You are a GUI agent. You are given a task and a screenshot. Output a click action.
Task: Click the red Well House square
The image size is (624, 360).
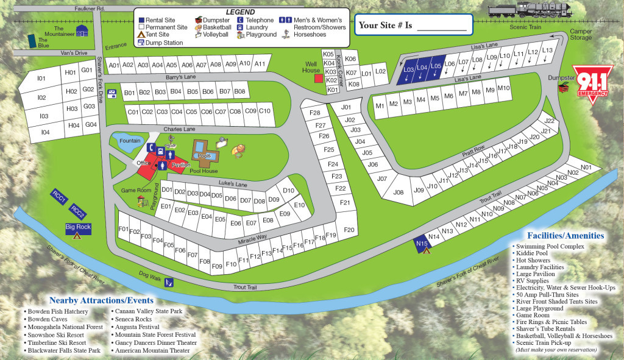[x=317, y=78]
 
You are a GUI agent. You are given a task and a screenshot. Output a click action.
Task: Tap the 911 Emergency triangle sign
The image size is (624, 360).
[x=589, y=84]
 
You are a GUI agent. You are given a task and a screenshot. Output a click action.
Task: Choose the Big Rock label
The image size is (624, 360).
[x=77, y=227]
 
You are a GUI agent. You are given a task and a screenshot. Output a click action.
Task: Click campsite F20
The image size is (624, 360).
[x=349, y=230]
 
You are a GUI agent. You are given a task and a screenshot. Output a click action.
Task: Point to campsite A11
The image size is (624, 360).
[x=260, y=64]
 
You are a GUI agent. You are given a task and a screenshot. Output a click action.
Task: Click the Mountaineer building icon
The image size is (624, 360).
[x=81, y=30]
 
